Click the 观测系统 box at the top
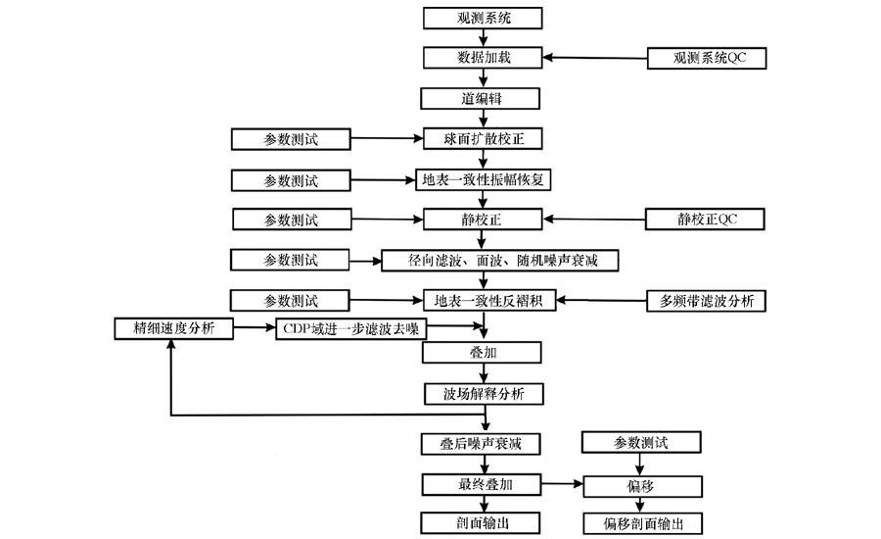pos(483,18)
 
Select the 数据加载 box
pos(483,58)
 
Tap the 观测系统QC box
pos(707,58)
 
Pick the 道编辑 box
pos(481,98)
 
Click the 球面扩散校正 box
pos(483,139)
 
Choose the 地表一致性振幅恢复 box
pos(484,179)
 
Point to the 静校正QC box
pos(705,219)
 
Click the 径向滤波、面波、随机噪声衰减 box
pos(500,261)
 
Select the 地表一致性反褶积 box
pos(488,301)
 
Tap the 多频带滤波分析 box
pos(706,301)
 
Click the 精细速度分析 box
pos(173,328)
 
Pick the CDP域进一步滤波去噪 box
pos(351,329)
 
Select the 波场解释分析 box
pos(484,394)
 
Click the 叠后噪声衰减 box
pos(481,444)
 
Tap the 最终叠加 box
pos(482,484)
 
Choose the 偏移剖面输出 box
pos(643,523)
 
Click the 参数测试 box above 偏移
pos(641,442)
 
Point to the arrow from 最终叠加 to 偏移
pos(563,484)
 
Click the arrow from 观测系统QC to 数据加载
pos(595,58)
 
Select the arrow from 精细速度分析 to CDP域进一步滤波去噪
pos(255,327)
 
